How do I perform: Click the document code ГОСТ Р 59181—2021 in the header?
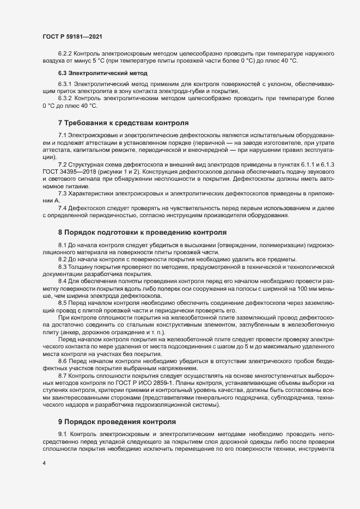click(x=72, y=36)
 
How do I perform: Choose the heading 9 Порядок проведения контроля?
click(x=117, y=422)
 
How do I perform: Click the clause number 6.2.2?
click(x=64, y=54)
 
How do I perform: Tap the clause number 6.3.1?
click(x=64, y=85)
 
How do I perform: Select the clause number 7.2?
click(x=62, y=164)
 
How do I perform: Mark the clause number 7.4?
click(x=62, y=208)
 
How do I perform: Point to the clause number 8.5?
click(x=62, y=301)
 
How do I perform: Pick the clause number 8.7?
click(x=62, y=377)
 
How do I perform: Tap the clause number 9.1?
click(x=62, y=433)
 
